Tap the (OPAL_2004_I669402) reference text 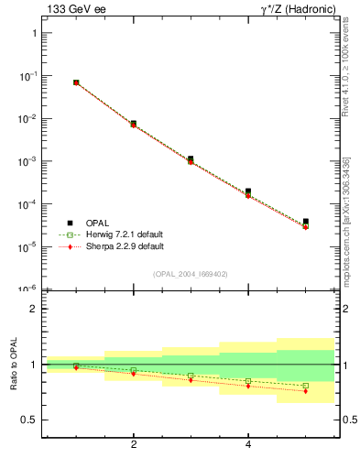190,274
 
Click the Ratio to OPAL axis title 14,365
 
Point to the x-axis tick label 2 135,445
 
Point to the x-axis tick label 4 248,445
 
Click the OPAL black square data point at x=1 76,82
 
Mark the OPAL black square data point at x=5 306,222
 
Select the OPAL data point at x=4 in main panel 248,191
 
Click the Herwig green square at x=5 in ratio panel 306,386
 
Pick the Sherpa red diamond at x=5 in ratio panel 306,391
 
